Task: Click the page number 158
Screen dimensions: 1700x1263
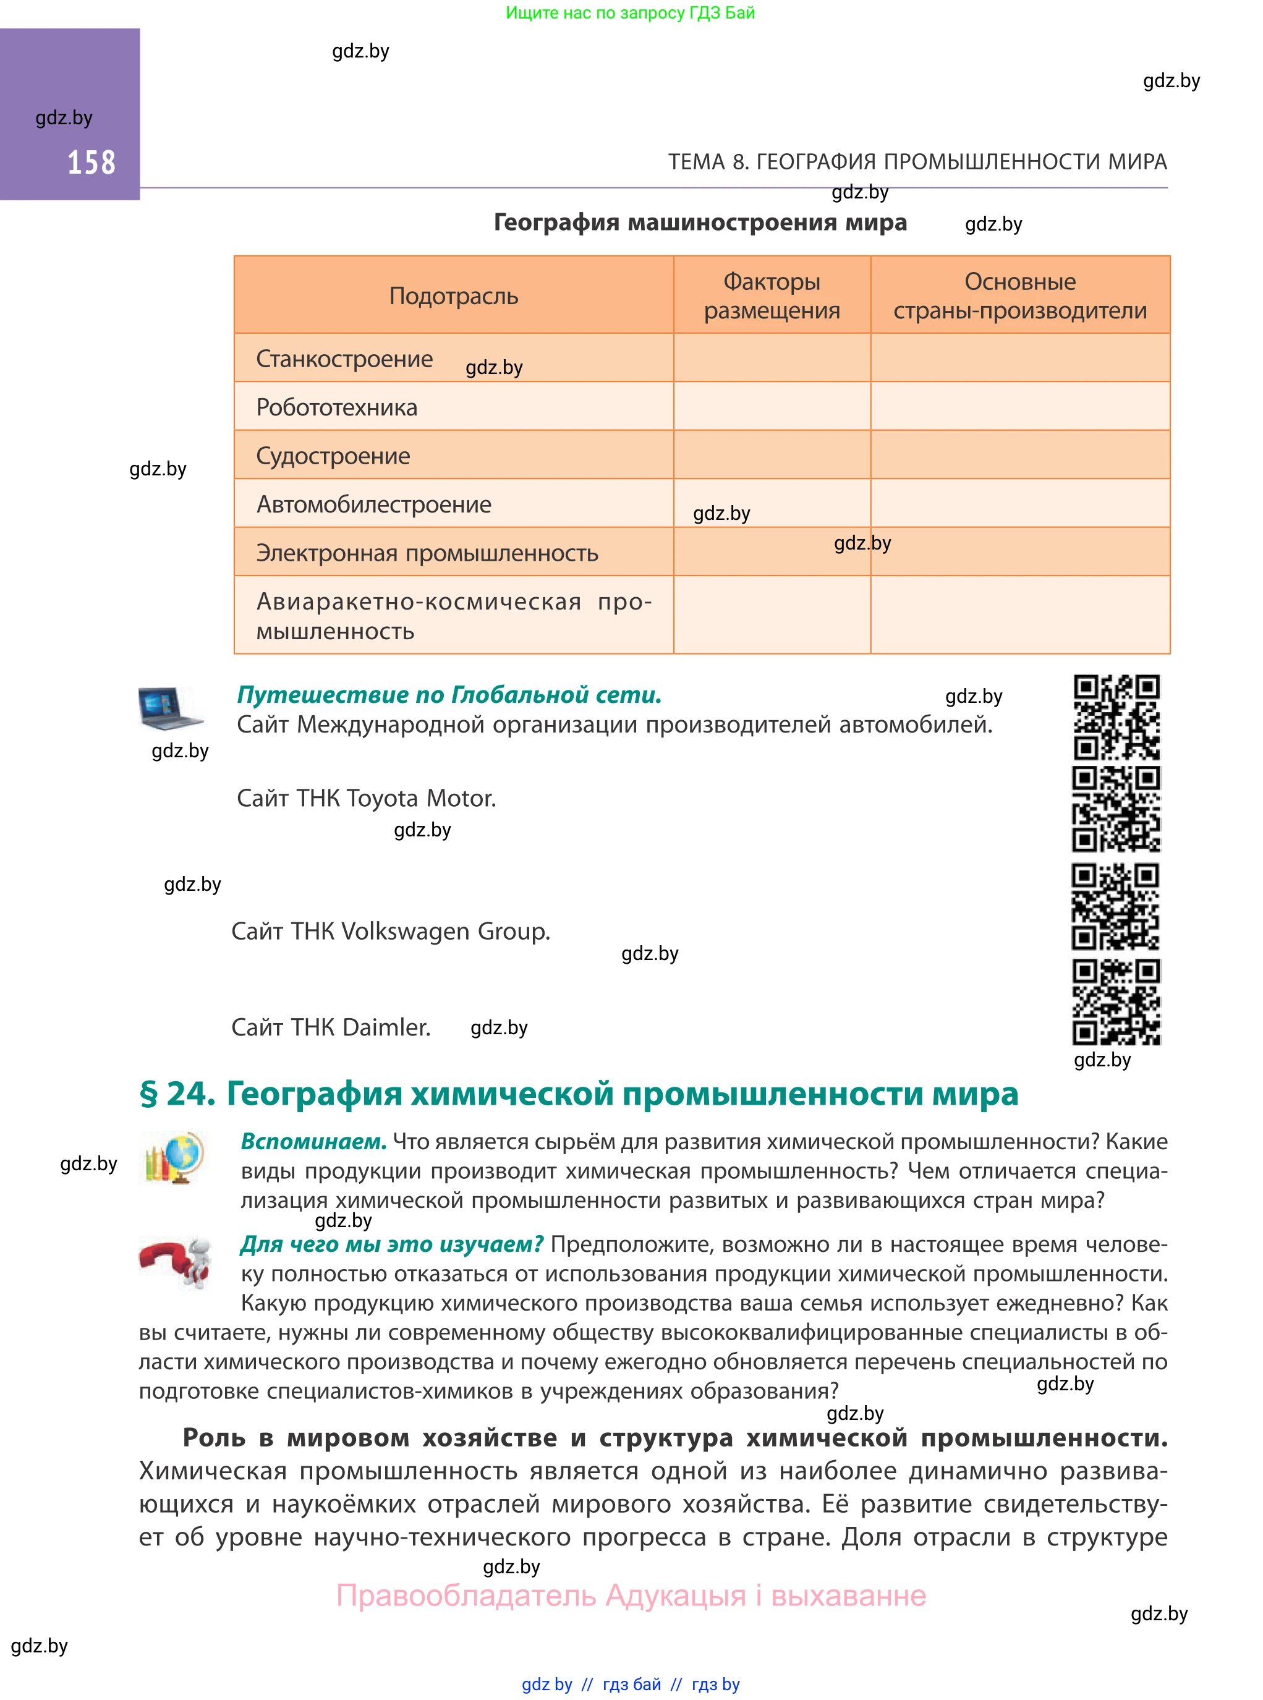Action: click(x=91, y=163)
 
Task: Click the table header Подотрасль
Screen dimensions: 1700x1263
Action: click(x=453, y=296)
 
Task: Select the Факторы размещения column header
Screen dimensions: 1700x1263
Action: click(x=772, y=296)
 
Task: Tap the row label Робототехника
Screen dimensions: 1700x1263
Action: click(x=336, y=407)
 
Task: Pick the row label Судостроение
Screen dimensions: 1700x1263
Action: click(x=333, y=456)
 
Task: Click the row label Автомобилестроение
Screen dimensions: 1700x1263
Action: click(x=373, y=504)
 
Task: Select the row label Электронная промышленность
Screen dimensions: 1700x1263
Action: click(x=427, y=553)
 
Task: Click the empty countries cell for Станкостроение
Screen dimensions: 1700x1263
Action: click(x=1020, y=359)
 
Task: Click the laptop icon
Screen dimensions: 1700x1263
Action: click(x=170, y=707)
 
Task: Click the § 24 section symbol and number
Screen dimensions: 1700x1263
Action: click(x=177, y=1094)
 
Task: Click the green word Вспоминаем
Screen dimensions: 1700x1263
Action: click(x=313, y=1141)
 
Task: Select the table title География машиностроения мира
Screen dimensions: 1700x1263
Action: click(x=700, y=223)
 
